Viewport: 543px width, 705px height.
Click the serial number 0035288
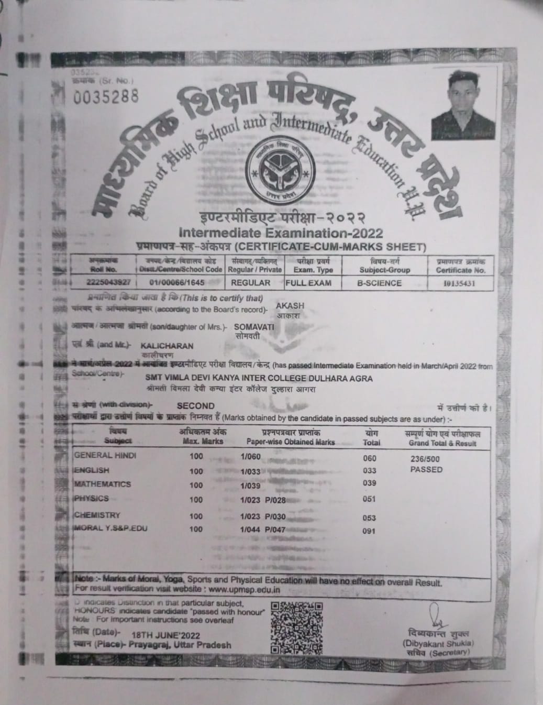[107, 96]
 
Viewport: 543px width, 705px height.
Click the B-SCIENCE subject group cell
[379, 283]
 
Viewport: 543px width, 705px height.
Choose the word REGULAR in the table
[251, 283]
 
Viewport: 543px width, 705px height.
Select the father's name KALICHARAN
[167, 346]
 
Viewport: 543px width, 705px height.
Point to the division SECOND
[195, 405]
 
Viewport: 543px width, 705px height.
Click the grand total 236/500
[425, 458]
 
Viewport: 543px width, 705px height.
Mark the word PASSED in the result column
[426, 469]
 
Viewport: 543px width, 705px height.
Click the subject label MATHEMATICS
[103, 484]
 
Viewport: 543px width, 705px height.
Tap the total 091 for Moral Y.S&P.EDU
[369, 531]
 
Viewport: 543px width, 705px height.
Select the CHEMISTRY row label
[97, 515]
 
